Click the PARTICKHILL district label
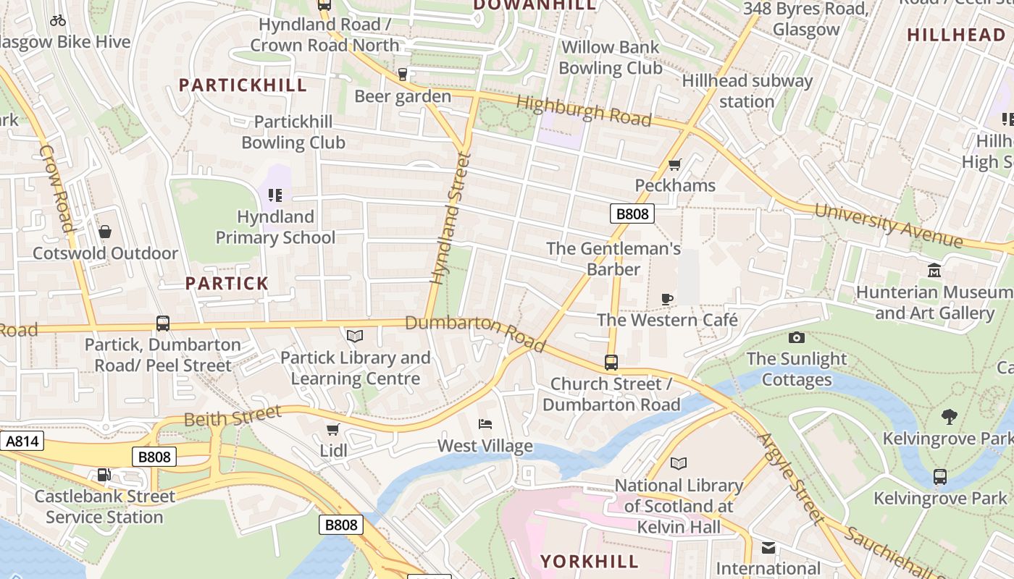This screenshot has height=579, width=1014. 243,85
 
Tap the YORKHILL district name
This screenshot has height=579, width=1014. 590,562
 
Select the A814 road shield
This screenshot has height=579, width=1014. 22,441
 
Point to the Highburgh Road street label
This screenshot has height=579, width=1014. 584,111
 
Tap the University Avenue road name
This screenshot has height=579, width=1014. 889,226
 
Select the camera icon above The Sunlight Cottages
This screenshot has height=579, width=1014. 796,338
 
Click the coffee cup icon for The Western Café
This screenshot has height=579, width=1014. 667,299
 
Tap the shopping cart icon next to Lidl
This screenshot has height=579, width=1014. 333,430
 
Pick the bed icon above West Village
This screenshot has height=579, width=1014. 485,424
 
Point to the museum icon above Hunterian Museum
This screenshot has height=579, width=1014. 934,271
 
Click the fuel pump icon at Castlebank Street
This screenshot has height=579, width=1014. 104,475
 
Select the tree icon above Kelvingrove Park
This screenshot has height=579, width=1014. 949,417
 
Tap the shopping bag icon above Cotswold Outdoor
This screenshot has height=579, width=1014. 105,232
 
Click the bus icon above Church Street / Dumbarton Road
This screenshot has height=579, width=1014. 611,363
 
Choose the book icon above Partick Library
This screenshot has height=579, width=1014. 354,336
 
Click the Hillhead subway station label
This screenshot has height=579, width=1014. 747,91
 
